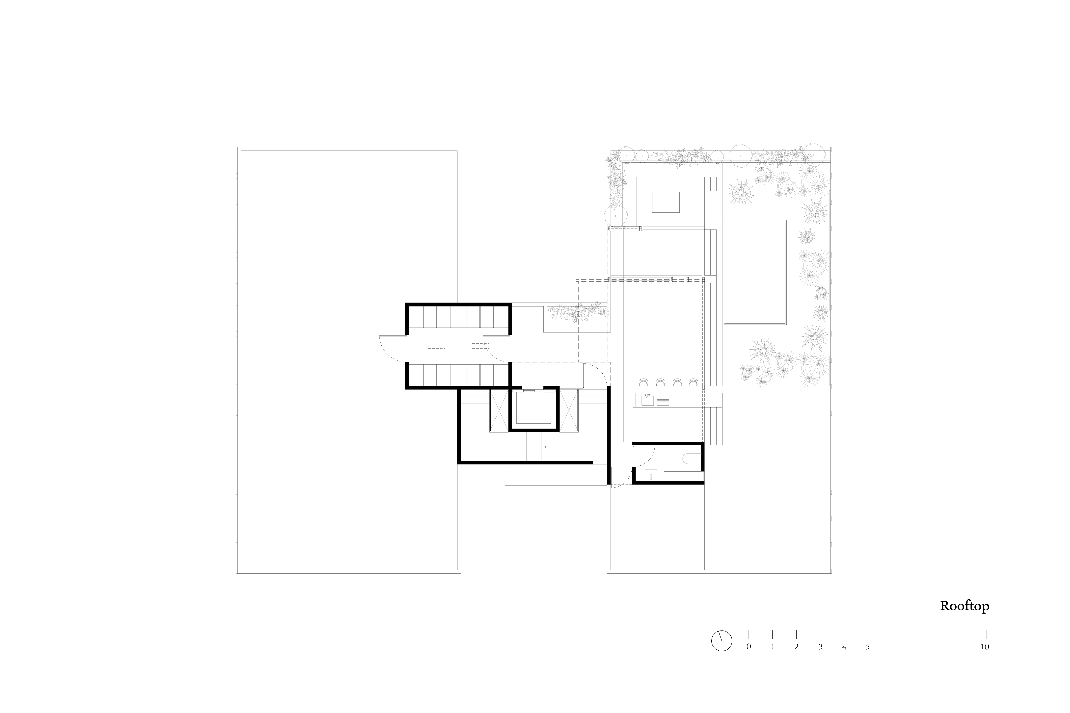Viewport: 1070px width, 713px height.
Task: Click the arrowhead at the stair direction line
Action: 546,447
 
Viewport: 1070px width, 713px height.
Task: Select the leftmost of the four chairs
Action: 643,382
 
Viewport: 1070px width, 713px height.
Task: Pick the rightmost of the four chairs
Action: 693,382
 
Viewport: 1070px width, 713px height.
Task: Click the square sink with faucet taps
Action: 647,400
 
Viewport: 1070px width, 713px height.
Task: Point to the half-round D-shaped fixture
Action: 692,458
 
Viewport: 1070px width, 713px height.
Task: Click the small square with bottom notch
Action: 651,474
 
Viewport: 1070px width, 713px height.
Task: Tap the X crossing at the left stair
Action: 499,410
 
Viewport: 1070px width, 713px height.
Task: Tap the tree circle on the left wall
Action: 615,216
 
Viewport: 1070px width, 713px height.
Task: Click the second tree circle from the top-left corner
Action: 642,156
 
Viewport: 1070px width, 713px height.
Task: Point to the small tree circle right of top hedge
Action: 717,157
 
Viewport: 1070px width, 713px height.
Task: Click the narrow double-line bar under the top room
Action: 673,228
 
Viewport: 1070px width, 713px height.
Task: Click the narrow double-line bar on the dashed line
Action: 640,279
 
